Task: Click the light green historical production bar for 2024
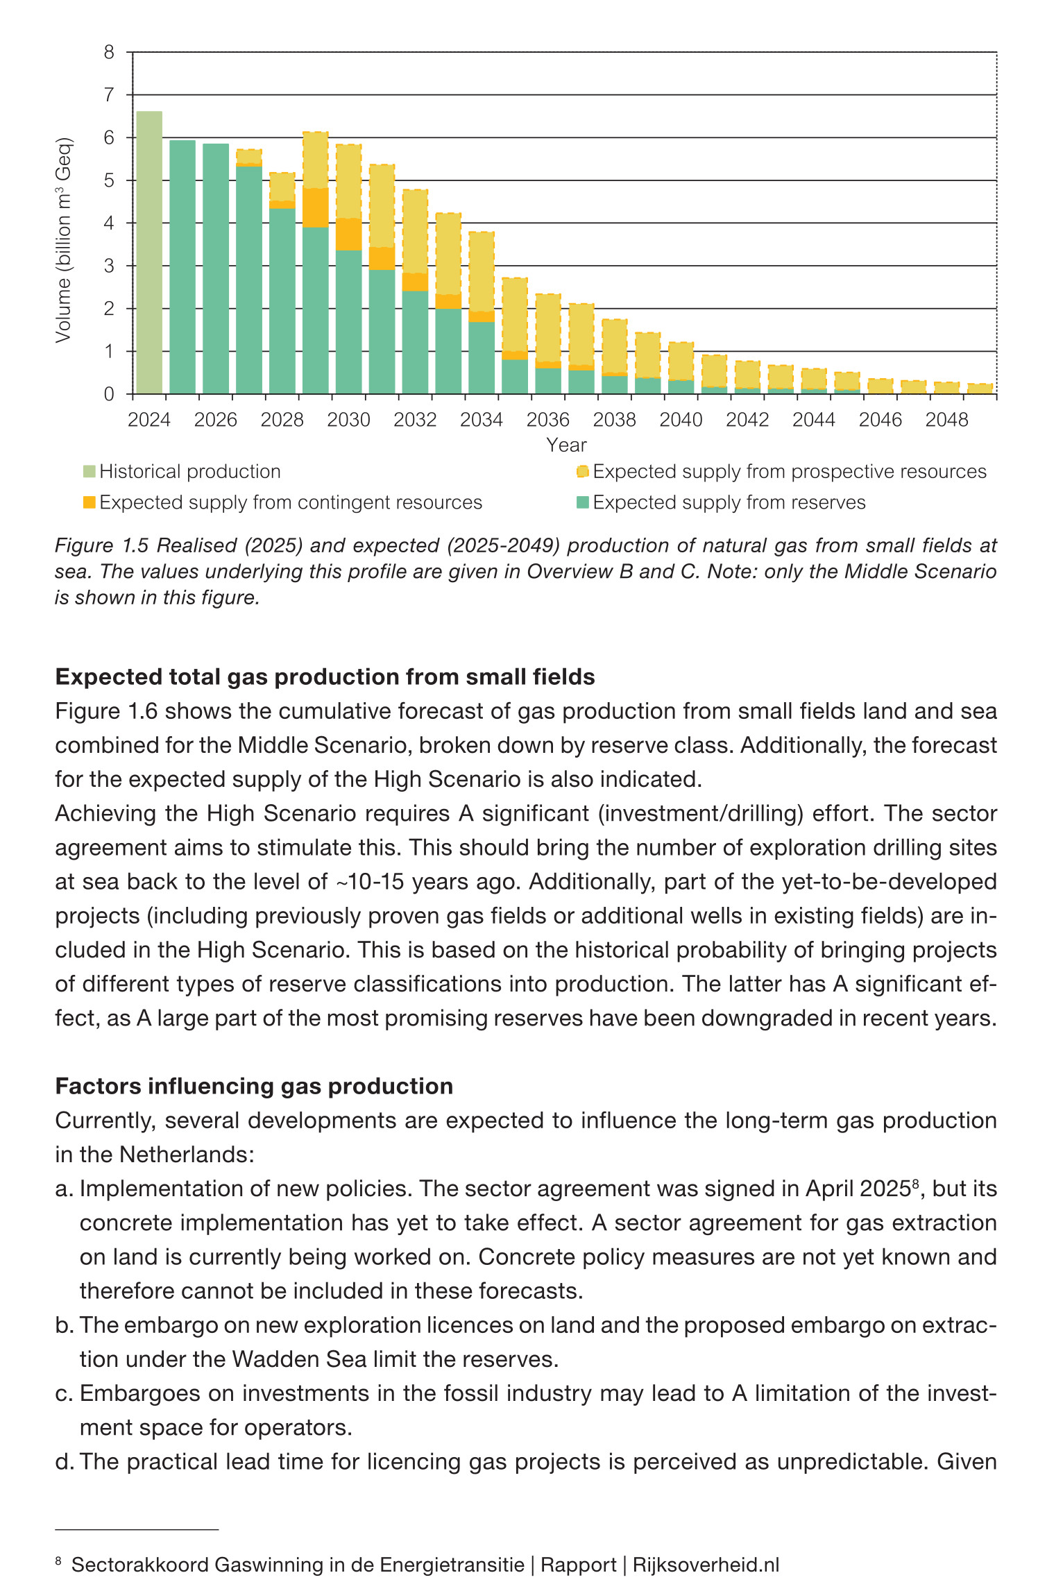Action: tap(149, 253)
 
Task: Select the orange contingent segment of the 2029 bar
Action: tap(316, 207)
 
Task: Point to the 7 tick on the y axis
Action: tap(109, 95)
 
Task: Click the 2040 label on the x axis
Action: tap(681, 420)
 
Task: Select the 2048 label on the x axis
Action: tap(946, 420)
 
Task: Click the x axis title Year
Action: tap(566, 445)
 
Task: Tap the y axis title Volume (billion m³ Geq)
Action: tap(64, 240)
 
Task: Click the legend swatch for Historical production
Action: tap(89, 472)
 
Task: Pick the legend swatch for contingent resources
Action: tap(89, 502)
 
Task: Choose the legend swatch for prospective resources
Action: tap(583, 472)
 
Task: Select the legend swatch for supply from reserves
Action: tap(583, 502)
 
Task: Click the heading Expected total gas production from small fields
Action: tap(325, 677)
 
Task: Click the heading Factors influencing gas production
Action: tap(254, 1086)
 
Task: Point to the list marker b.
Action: tap(64, 1325)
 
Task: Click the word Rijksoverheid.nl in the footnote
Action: tap(706, 1565)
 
